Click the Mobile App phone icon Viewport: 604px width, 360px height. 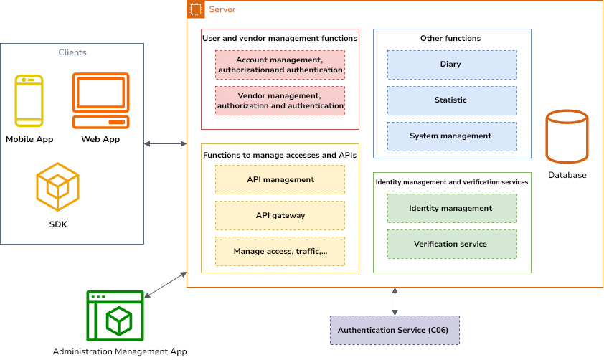coord(29,101)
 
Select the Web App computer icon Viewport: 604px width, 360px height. coord(100,100)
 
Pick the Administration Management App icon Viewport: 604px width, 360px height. coord(115,316)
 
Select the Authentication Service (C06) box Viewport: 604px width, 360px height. coord(394,331)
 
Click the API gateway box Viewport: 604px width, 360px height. coord(280,215)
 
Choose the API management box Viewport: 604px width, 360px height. coord(280,179)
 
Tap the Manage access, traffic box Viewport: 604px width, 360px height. coord(280,252)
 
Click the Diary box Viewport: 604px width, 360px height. coord(452,65)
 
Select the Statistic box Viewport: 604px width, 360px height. coord(452,100)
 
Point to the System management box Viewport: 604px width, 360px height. coord(452,136)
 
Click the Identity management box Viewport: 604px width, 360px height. coord(452,208)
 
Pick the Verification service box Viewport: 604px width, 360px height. coord(452,244)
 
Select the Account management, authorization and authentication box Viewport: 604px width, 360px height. coord(280,65)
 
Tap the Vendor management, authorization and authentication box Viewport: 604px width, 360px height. coord(280,100)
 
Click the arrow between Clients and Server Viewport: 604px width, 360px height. coord(165,144)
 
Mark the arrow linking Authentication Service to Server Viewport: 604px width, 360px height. coord(395,301)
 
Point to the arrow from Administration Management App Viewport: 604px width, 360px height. coord(166,285)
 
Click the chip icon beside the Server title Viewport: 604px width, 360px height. coord(195,9)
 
